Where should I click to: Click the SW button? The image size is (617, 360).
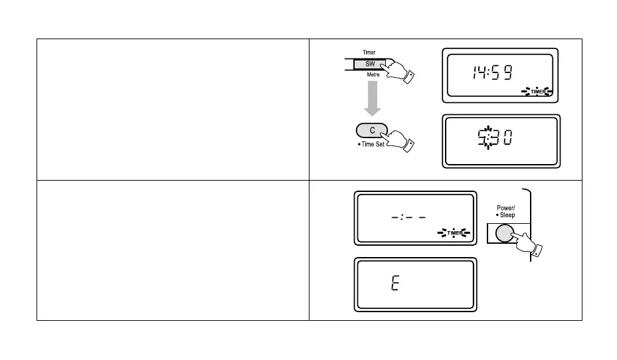[369, 64]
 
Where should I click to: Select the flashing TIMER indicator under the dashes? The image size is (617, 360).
[454, 232]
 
